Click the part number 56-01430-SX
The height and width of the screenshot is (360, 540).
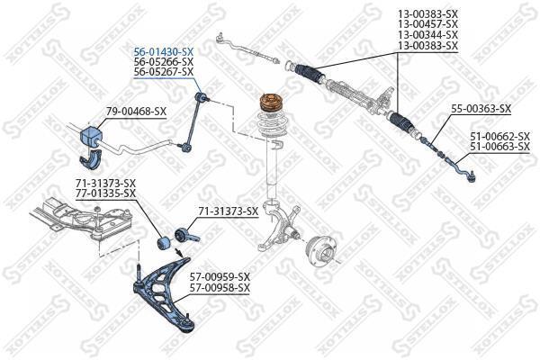(x=164, y=52)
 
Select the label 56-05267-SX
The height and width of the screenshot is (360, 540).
(x=164, y=72)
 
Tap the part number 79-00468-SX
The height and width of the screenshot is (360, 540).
(x=136, y=112)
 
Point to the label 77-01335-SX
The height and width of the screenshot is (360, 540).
(x=105, y=193)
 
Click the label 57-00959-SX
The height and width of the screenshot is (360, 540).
(x=220, y=276)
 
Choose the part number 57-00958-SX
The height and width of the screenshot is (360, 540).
(x=220, y=287)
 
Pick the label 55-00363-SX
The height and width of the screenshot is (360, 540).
(x=481, y=109)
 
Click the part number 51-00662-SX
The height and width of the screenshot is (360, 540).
(x=500, y=137)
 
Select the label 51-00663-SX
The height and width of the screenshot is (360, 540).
(x=500, y=147)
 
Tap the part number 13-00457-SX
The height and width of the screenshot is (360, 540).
(x=428, y=24)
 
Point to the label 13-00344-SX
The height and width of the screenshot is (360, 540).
(x=428, y=35)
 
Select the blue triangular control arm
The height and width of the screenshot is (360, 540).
(x=163, y=295)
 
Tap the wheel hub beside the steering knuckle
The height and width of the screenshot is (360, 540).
(x=320, y=252)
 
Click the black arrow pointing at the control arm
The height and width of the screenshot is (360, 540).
(x=178, y=253)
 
